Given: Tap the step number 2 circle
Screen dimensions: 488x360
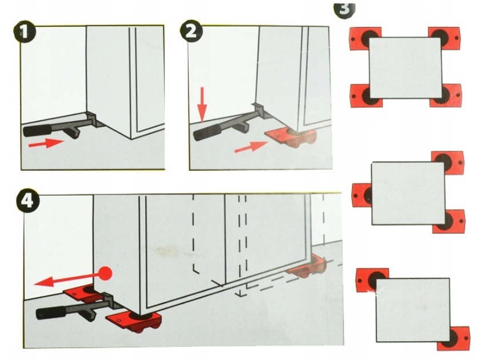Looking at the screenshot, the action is [191, 31].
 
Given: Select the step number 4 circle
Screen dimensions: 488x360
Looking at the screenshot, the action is [27, 201].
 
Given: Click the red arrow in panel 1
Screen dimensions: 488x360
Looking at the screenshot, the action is [46, 143].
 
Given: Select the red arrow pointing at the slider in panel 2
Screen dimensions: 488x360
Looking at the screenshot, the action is [251, 146].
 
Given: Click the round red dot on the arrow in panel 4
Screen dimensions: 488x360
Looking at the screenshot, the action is [105, 273].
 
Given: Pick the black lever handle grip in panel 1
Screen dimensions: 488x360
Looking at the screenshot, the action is [37, 130].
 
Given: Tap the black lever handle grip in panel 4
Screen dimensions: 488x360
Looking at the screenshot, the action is [51, 312].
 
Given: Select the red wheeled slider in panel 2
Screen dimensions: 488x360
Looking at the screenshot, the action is [291, 137].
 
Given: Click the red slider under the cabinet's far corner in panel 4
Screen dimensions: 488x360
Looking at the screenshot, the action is [307, 265].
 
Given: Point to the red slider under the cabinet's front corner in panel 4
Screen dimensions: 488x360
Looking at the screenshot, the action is [134, 322].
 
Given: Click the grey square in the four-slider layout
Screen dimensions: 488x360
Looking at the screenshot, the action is [405, 68].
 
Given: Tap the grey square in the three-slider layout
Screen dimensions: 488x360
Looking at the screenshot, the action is [409, 193].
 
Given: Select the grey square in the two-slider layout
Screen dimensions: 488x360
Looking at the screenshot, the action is [413, 310].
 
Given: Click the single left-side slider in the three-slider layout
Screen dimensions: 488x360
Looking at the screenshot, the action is [362, 195].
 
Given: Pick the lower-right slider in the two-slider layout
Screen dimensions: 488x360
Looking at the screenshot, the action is [454, 338].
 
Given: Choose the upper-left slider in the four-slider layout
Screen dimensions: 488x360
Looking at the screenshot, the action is [365, 38].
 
